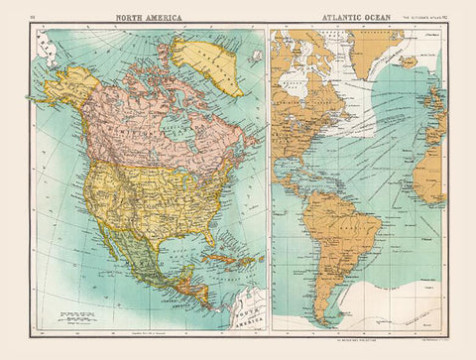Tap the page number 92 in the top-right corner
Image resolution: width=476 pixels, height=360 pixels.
(445, 18)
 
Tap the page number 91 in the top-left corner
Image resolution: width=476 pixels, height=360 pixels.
(35, 18)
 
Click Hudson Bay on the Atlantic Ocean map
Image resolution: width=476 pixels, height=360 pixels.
(306, 74)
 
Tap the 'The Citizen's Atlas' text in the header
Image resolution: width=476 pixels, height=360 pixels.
(417, 18)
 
